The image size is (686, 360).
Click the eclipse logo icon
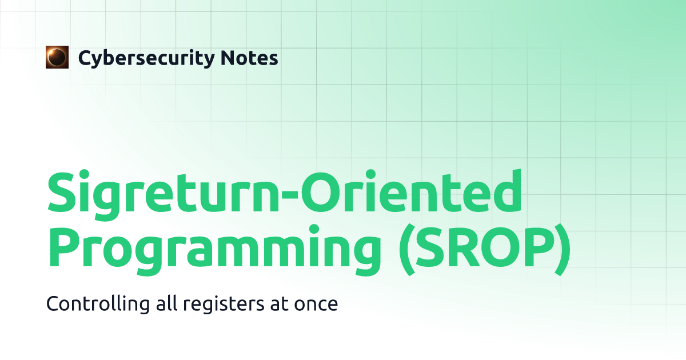point(57,57)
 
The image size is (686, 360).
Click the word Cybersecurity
point(146,58)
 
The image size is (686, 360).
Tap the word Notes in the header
point(249,58)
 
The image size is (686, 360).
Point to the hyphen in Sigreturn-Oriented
point(290,195)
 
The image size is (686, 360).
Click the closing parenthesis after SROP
point(563,249)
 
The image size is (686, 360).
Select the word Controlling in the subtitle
point(98,304)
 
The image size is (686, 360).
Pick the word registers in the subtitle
point(224,304)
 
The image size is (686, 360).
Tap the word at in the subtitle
point(280,304)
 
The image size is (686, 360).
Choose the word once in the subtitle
point(316,305)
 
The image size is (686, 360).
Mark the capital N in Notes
point(228,58)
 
